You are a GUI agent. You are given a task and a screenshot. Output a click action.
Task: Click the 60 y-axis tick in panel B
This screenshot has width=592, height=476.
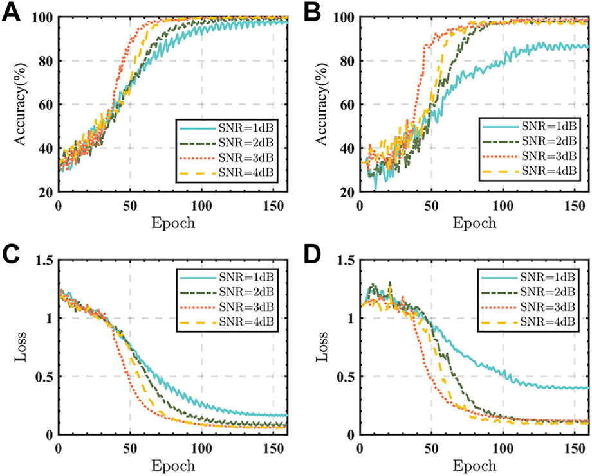pyautogui.click(x=346, y=105)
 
